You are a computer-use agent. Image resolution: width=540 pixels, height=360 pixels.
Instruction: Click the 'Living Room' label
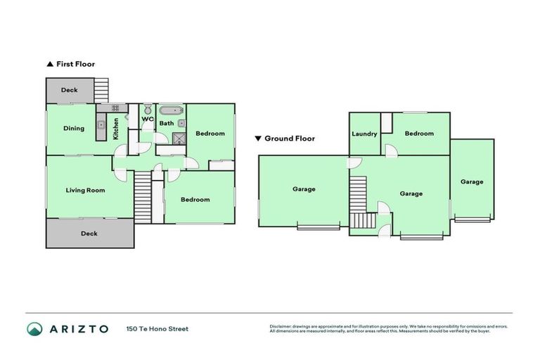tap(85, 190)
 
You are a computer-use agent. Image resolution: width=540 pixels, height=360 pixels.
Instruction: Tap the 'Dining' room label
tap(73, 128)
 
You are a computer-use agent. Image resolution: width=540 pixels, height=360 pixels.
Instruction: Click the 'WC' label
tap(147, 119)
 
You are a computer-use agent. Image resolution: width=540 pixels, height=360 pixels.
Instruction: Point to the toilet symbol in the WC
tap(147, 110)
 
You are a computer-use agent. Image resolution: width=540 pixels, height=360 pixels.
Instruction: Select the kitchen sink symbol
tap(101, 125)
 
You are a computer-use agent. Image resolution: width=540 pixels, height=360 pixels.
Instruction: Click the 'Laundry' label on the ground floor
tap(364, 134)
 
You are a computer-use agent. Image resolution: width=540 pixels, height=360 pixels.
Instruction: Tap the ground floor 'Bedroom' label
tap(419, 133)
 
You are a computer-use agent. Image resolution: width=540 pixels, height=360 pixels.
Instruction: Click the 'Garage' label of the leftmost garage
tap(304, 188)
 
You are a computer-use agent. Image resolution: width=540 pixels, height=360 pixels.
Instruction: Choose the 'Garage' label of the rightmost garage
tap(472, 181)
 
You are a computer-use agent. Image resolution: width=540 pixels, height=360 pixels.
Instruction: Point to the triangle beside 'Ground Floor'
tap(258, 139)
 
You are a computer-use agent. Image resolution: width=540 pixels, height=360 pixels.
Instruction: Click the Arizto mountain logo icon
tap(34, 328)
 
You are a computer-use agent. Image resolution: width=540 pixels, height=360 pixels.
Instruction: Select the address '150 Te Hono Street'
tap(157, 328)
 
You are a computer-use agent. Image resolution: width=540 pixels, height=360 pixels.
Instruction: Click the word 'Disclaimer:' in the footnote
tap(281, 326)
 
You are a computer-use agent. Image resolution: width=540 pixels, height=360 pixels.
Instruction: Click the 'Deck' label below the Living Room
tap(89, 233)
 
